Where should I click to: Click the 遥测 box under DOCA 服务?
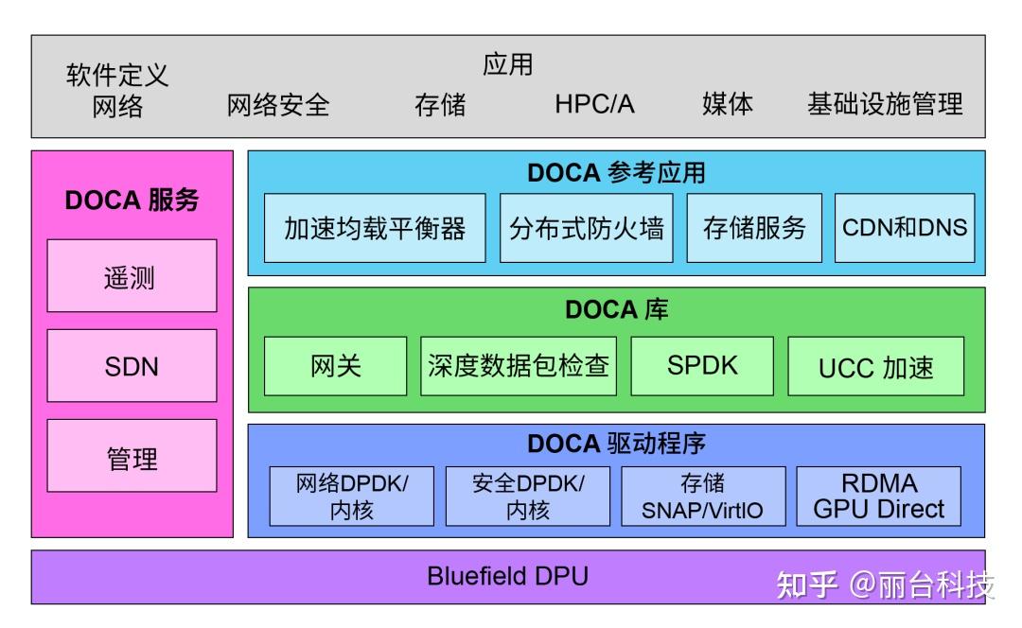point(132,276)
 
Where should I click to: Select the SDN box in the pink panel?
point(132,366)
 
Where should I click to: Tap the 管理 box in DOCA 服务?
point(132,456)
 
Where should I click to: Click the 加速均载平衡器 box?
point(375,228)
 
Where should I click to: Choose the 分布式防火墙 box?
point(586,228)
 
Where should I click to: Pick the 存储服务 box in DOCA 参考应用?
point(754,228)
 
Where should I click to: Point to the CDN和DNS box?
point(905,228)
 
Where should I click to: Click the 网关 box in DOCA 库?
point(335,366)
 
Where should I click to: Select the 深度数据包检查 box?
point(518,366)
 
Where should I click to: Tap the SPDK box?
point(701,366)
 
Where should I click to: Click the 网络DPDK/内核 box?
point(351,497)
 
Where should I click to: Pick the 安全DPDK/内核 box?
point(527,497)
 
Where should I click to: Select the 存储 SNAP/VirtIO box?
point(702,497)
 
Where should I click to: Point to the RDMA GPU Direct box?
point(878,497)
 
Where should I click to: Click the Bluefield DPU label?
point(507,576)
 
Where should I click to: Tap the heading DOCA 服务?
point(132,201)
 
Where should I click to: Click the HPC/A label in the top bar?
point(594,104)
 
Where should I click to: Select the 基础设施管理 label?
point(884,104)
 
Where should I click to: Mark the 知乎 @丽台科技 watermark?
point(884,585)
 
